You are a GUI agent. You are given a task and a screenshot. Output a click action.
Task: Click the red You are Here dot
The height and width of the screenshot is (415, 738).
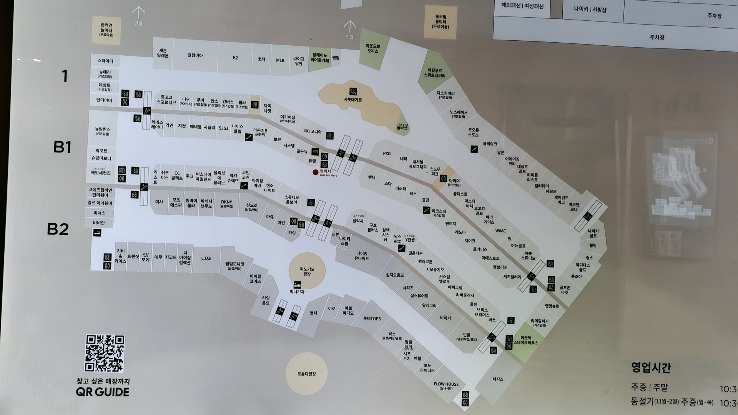coord(316,173)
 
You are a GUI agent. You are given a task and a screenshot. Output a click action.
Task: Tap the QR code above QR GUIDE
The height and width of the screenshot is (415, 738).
coord(105,353)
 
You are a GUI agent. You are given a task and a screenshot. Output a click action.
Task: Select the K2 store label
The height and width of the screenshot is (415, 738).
coord(235,58)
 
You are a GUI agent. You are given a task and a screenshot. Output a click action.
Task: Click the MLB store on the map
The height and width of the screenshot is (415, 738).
coord(280,60)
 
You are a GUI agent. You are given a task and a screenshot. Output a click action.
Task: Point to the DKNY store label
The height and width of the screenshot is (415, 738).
coord(226,204)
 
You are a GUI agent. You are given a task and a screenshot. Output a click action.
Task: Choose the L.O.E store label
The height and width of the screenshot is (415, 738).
coord(206,258)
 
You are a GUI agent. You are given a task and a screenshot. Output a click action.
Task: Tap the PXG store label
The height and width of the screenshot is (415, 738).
coord(387,154)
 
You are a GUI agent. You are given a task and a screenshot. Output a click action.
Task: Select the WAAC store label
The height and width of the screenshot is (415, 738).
coord(500,231)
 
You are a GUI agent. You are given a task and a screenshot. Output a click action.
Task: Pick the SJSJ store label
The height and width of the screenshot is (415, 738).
coord(223,128)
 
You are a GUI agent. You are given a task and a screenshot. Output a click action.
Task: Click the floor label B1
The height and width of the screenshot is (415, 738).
coord(62,147)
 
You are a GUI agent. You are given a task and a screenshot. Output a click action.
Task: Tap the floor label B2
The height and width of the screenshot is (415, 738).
coord(58,229)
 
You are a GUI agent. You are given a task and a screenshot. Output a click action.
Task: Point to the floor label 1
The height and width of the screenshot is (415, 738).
coord(65,76)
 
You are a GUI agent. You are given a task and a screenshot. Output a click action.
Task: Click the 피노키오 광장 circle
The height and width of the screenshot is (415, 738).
coord(307,271)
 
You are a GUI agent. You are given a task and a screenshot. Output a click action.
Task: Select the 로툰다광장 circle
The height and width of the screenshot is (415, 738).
coord(306,373)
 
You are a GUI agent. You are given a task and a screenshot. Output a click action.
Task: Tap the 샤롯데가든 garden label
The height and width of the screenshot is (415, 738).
coord(352,100)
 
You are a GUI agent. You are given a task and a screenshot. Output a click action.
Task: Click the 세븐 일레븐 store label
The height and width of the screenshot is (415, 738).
coord(163,53)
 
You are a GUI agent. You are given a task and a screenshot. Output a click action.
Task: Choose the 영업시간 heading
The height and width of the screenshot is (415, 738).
coord(651,367)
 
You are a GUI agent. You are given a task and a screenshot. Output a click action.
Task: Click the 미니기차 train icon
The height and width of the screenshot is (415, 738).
coord(297,285)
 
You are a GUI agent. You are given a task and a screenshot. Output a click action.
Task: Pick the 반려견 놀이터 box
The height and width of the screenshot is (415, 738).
coord(106,30)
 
